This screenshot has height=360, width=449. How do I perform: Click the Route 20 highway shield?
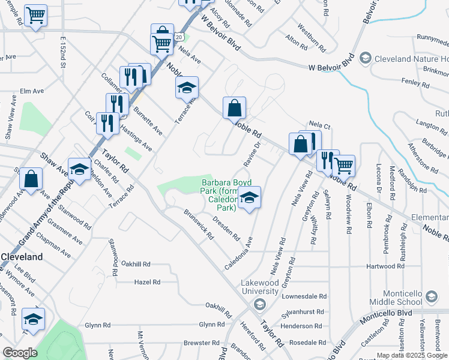[x=179, y=37]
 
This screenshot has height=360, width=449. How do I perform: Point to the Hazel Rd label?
[x=148, y=281]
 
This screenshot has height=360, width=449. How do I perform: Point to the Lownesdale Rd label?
[x=306, y=296]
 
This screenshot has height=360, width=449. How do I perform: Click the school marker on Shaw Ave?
[x=79, y=169]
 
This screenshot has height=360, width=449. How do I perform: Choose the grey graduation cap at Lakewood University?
[x=259, y=305]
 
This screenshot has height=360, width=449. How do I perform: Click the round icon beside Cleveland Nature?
[x=364, y=59]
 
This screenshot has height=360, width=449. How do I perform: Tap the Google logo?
[x=20, y=352]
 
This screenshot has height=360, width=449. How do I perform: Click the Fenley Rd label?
[x=415, y=83]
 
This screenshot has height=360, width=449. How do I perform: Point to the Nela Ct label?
[x=320, y=124]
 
